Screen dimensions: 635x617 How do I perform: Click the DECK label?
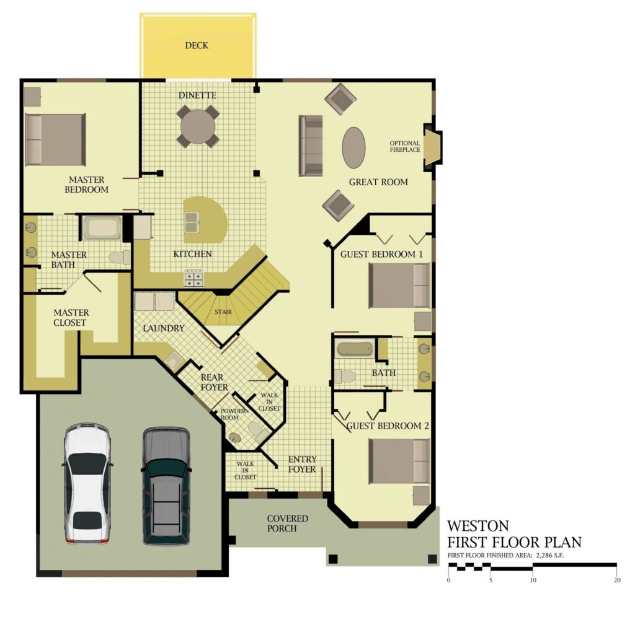tap(197, 45)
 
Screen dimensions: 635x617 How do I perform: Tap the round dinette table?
tap(198, 126)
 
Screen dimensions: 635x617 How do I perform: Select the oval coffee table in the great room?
tap(354, 147)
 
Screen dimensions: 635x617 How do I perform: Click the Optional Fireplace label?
tap(404, 146)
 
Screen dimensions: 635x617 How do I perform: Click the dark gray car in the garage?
tap(166, 486)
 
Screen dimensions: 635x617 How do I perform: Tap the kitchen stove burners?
tap(193, 278)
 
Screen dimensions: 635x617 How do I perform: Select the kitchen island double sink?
tap(192, 222)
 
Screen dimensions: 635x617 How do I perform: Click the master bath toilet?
tap(120, 258)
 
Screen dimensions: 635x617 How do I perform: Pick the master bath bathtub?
tap(102, 228)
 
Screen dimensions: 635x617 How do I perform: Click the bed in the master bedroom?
tap(55, 139)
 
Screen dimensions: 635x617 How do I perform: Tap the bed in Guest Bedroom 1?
tap(399, 285)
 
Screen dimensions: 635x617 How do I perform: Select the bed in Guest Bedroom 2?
tap(399, 462)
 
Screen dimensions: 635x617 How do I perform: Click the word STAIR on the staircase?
tap(223, 312)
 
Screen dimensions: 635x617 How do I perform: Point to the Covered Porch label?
tap(288, 523)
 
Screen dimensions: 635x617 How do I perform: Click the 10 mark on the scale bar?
tap(533, 580)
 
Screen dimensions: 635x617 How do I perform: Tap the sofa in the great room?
tap(311, 146)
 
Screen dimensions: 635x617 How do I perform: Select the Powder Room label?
tap(233, 414)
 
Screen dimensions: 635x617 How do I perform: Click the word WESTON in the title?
tap(478, 526)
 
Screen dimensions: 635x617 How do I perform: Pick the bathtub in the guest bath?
tap(355, 349)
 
